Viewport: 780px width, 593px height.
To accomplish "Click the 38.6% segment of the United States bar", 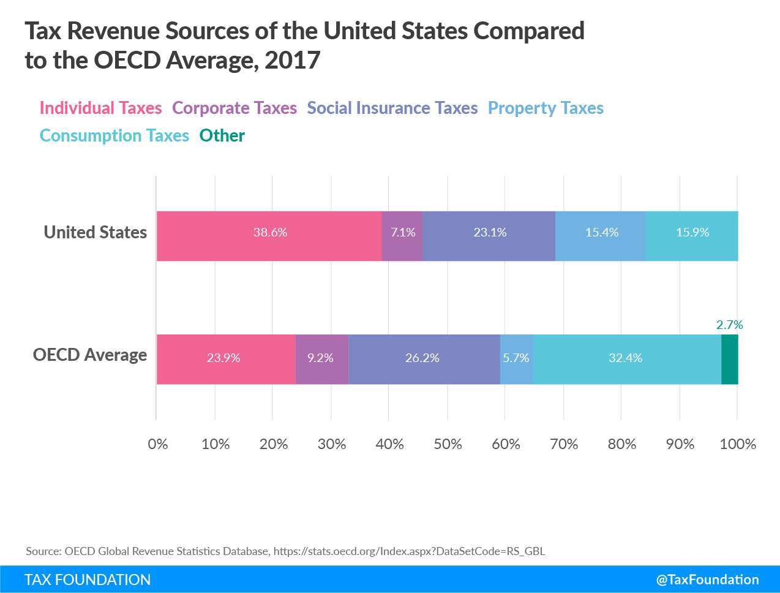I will tap(269, 236).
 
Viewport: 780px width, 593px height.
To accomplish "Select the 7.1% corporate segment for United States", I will tap(402, 236).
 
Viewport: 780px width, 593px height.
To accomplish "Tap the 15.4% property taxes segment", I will tap(601, 236).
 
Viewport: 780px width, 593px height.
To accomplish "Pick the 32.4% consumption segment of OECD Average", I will tap(626, 359).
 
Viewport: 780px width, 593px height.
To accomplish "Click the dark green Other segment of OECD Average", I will tap(730, 359).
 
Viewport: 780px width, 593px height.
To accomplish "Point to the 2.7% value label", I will tap(729, 325).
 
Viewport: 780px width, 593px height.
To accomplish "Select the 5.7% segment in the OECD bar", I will tap(516, 359).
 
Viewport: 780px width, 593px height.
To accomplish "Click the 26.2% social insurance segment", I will tap(424, 359).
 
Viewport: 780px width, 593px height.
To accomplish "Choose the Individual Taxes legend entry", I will tap(101, 108).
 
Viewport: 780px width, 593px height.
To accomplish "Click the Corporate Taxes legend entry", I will tap(234, 108).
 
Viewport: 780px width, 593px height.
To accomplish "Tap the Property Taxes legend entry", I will tap(546, 108).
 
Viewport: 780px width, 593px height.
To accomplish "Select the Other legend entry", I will tap(222, 136).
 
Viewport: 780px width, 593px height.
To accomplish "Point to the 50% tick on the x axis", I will tap(448, 444).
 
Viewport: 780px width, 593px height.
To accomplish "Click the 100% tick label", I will tap(737, 444).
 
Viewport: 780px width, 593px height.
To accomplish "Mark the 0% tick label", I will tap(157, 444).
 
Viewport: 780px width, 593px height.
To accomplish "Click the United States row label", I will tap(96, 233).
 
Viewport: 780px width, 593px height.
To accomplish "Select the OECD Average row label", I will tap(90, 355).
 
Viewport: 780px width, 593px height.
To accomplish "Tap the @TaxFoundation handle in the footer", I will tap(707, 580).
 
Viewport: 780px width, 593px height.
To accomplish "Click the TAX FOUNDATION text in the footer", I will tap(88, 580).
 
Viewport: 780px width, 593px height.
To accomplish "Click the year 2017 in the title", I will tap(293, 60).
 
